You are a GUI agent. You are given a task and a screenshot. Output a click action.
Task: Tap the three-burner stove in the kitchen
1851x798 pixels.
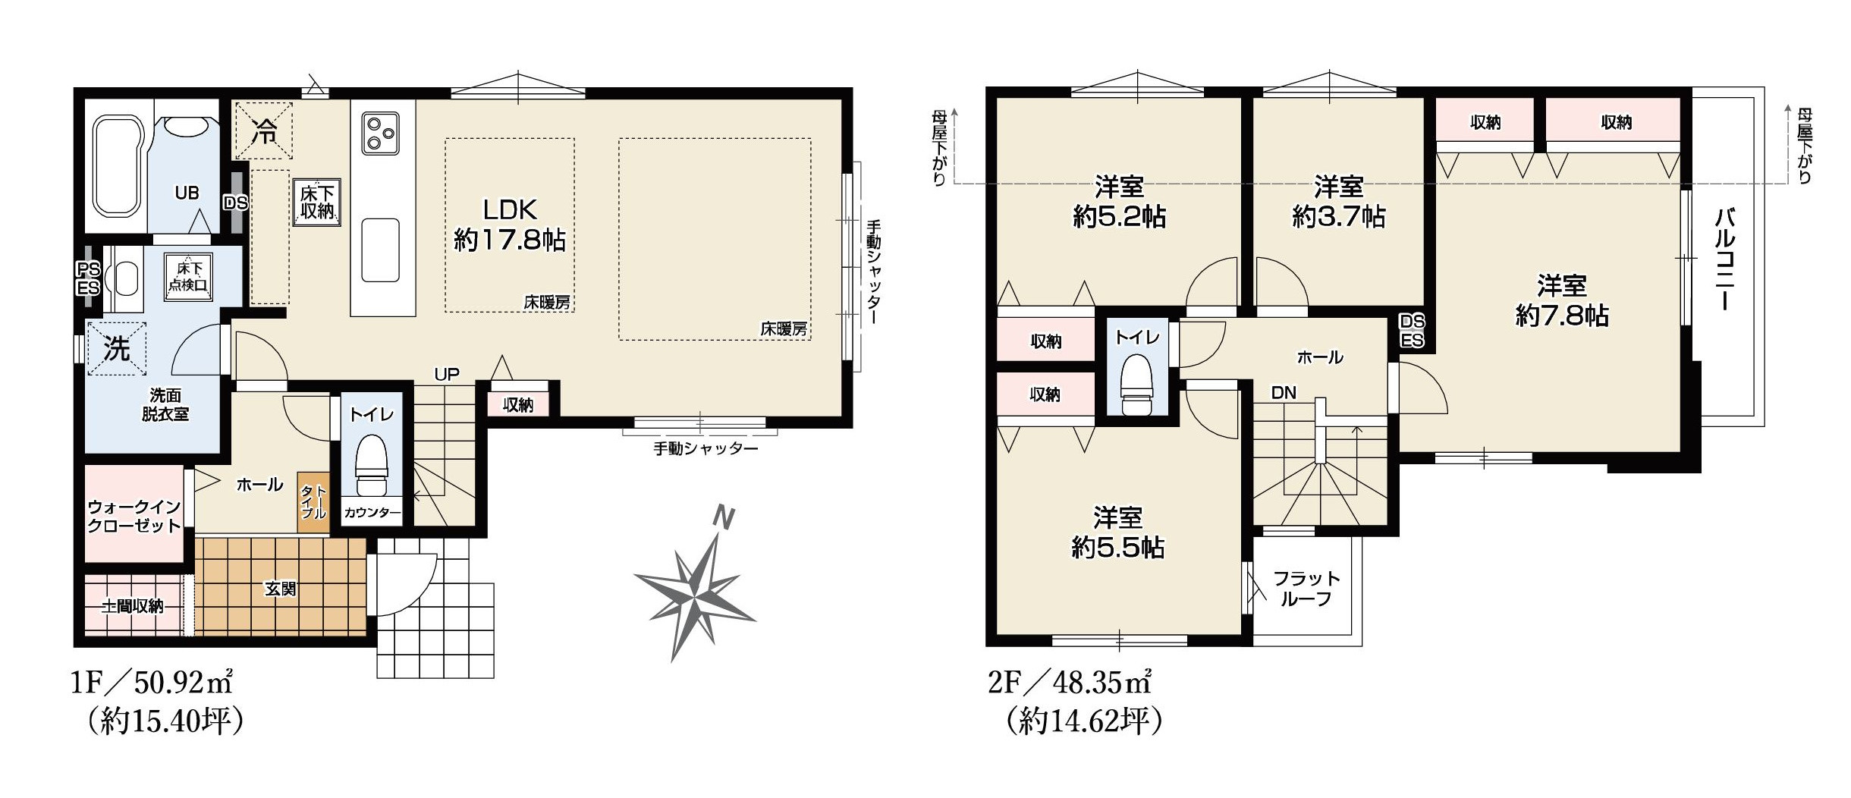(380, 133)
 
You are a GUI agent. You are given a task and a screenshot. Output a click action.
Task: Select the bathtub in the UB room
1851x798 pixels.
(119, 167)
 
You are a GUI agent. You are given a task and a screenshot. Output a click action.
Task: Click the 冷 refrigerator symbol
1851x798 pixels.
(263, 131)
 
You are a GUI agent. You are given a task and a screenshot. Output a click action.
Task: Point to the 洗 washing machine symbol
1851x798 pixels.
(117, 349)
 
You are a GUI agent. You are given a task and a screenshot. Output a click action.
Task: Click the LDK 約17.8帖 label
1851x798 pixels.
(510, 225)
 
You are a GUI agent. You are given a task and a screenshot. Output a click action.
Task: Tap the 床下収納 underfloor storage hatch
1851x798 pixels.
(317, 203)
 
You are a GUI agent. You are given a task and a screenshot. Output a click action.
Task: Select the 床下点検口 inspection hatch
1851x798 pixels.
(190, 277)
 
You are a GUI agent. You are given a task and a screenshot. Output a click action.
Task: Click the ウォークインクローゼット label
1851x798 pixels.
(134, 516)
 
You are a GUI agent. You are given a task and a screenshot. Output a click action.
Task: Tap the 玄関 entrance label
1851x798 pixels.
(280, 589)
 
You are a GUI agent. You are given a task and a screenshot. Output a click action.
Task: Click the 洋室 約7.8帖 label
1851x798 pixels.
(1562, 300)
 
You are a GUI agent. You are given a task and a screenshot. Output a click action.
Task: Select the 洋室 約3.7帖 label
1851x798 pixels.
(1339, 202)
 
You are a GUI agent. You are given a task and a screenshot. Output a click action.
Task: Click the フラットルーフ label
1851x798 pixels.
(1306, 589)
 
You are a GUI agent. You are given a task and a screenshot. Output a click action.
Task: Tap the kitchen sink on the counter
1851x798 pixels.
(380, 250)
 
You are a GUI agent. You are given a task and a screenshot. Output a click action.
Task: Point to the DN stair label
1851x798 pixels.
(1284, 393)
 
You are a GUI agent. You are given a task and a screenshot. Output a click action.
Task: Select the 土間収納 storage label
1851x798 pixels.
(133, 606)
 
